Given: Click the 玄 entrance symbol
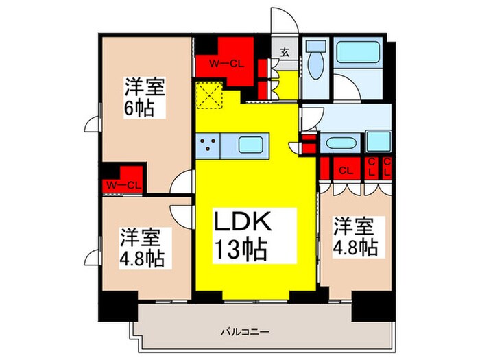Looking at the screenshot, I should coord(284,50).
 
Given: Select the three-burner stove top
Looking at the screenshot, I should coord(208,144).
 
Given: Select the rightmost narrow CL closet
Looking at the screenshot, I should coord(386,167).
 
